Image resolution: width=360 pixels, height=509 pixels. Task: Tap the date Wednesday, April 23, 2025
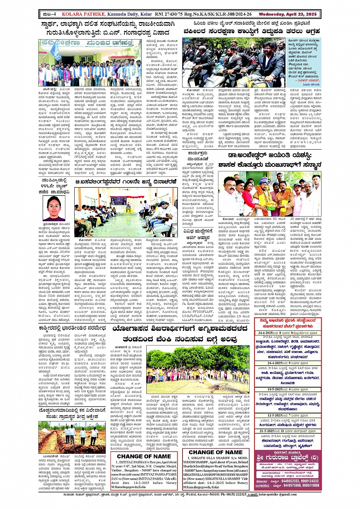[x=288, y=14]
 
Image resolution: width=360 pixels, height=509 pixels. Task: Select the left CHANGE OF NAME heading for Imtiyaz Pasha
[x=144, y=456]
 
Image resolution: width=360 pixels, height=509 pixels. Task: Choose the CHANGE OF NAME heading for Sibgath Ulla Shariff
[x=216, y=452]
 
